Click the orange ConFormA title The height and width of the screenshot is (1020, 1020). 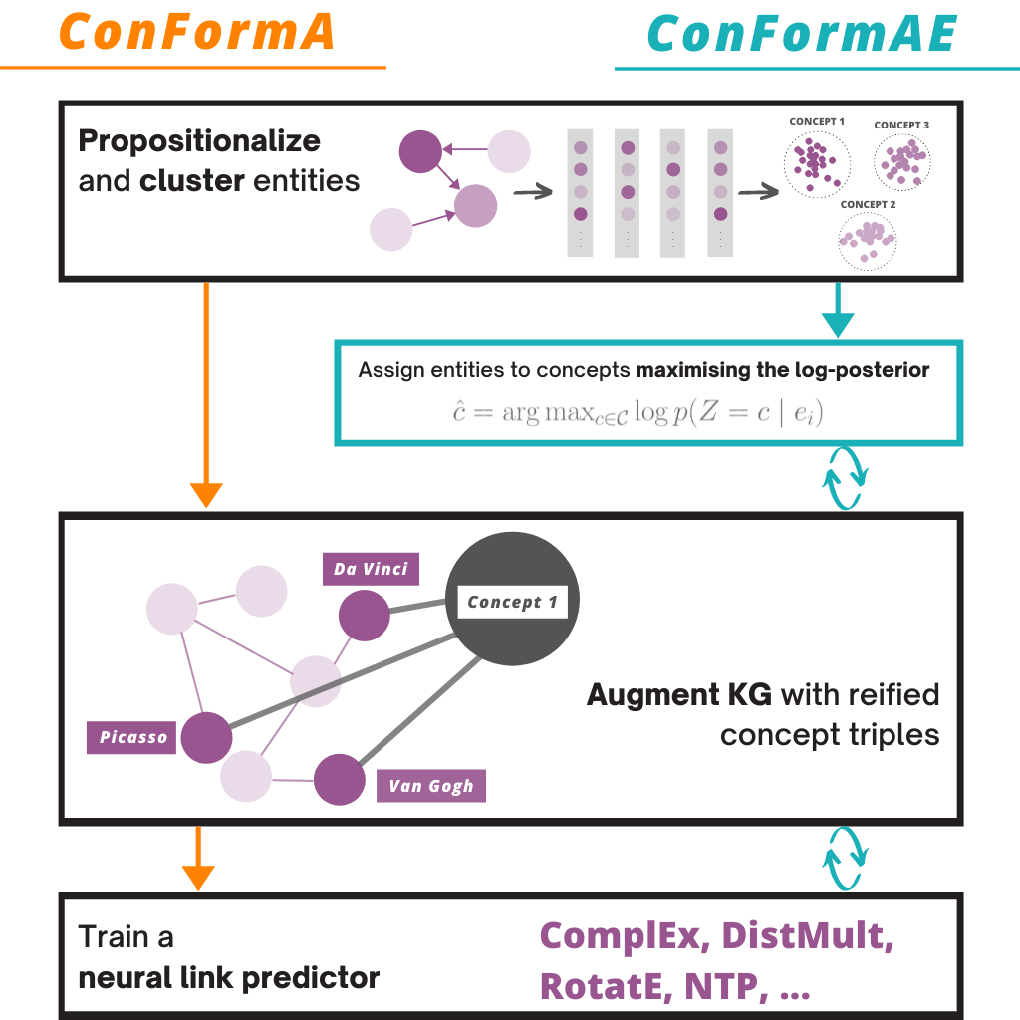[x=197, y=32]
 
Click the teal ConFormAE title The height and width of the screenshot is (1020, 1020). [x=802, y=34]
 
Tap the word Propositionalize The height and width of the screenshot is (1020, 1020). [x=199, y=141]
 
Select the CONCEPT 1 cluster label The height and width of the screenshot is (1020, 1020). [x=817, y=121]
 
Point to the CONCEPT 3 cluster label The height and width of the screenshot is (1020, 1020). [x=900, y=125]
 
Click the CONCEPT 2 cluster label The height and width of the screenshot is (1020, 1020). [x=868, y=205]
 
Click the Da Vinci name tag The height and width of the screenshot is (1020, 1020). [x=371, y=569]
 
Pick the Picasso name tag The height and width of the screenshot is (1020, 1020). [x=131, y=738]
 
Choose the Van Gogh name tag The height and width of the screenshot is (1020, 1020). [x=431, y=786]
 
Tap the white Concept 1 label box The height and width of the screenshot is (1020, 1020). [x=513, y=603]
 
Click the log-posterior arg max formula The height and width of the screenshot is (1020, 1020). [x=637, y=412]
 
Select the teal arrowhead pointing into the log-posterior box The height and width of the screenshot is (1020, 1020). [x=838, y=324]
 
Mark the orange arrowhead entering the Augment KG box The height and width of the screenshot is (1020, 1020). [x=206, y=495]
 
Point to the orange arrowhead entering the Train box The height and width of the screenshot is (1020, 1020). [x=198, y=878]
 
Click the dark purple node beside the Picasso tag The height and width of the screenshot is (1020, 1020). [x=207, y=738]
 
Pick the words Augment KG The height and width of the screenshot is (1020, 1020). [x=679, y=695]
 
